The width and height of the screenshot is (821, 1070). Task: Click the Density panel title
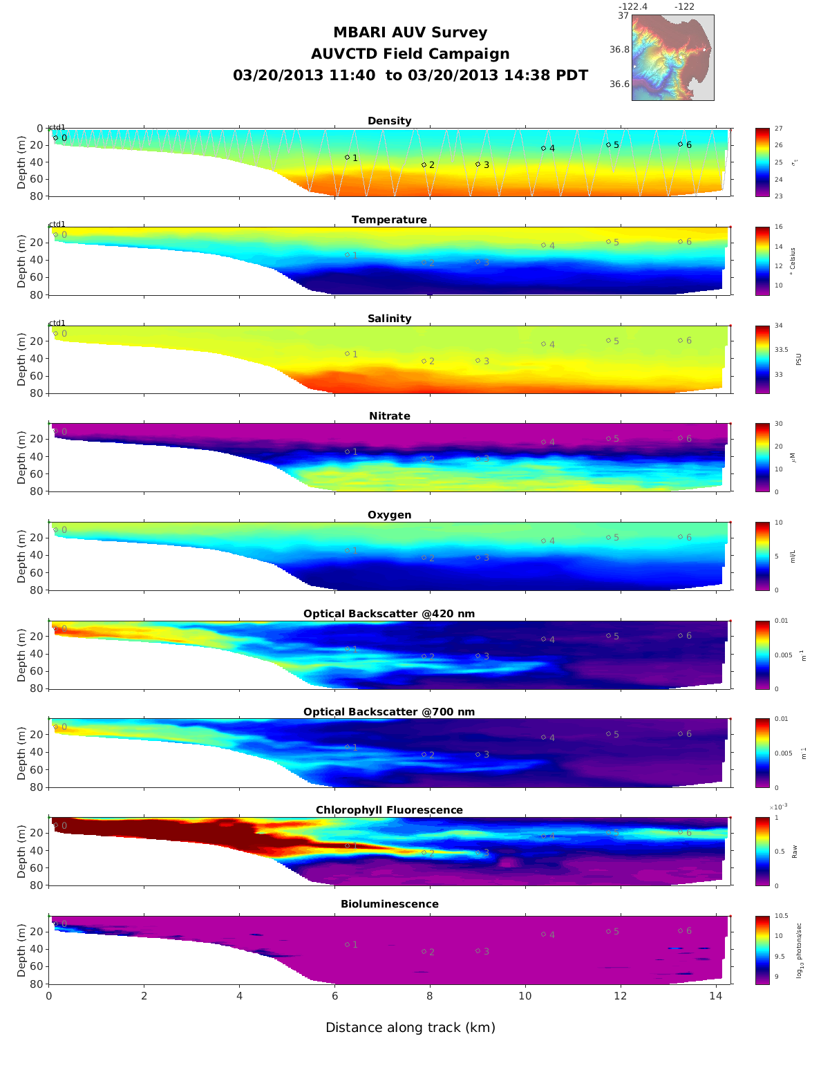(x=389, y=121)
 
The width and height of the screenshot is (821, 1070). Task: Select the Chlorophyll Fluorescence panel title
(x=389, y=810)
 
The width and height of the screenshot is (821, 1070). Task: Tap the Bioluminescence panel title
(x=389, y=904)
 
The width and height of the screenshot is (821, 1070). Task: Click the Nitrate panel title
(x=389, y=416)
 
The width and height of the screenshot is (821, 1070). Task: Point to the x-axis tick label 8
(x=430, y=996)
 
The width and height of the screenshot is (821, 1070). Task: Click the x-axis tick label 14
(x=715, y=996)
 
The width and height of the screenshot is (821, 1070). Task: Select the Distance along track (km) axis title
(x=410, y=1028)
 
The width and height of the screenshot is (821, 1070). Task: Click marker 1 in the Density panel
(x=348, y=158)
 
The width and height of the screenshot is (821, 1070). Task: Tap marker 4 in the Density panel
(x=543, y=149)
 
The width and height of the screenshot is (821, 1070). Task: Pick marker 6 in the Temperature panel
(x=680, y=242)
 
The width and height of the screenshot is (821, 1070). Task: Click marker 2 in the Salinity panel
(x=424, y=362)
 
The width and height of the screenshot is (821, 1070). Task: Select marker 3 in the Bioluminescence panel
(x=478, y=951)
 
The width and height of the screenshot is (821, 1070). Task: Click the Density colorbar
(x=762, y=162)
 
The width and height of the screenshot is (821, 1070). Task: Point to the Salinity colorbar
(x=762, y=359)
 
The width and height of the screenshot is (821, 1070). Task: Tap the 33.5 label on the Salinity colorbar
(x=781, y=350)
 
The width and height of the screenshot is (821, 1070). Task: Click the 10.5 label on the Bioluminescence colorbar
(x=782, y=917)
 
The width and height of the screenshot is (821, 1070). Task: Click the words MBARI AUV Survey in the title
(x=410, y=32)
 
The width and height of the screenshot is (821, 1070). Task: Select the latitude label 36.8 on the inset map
(x=619, y=50)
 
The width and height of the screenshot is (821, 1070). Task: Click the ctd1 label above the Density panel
(x=57, y=127)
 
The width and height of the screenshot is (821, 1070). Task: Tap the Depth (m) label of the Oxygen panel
(x=21, y=556)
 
